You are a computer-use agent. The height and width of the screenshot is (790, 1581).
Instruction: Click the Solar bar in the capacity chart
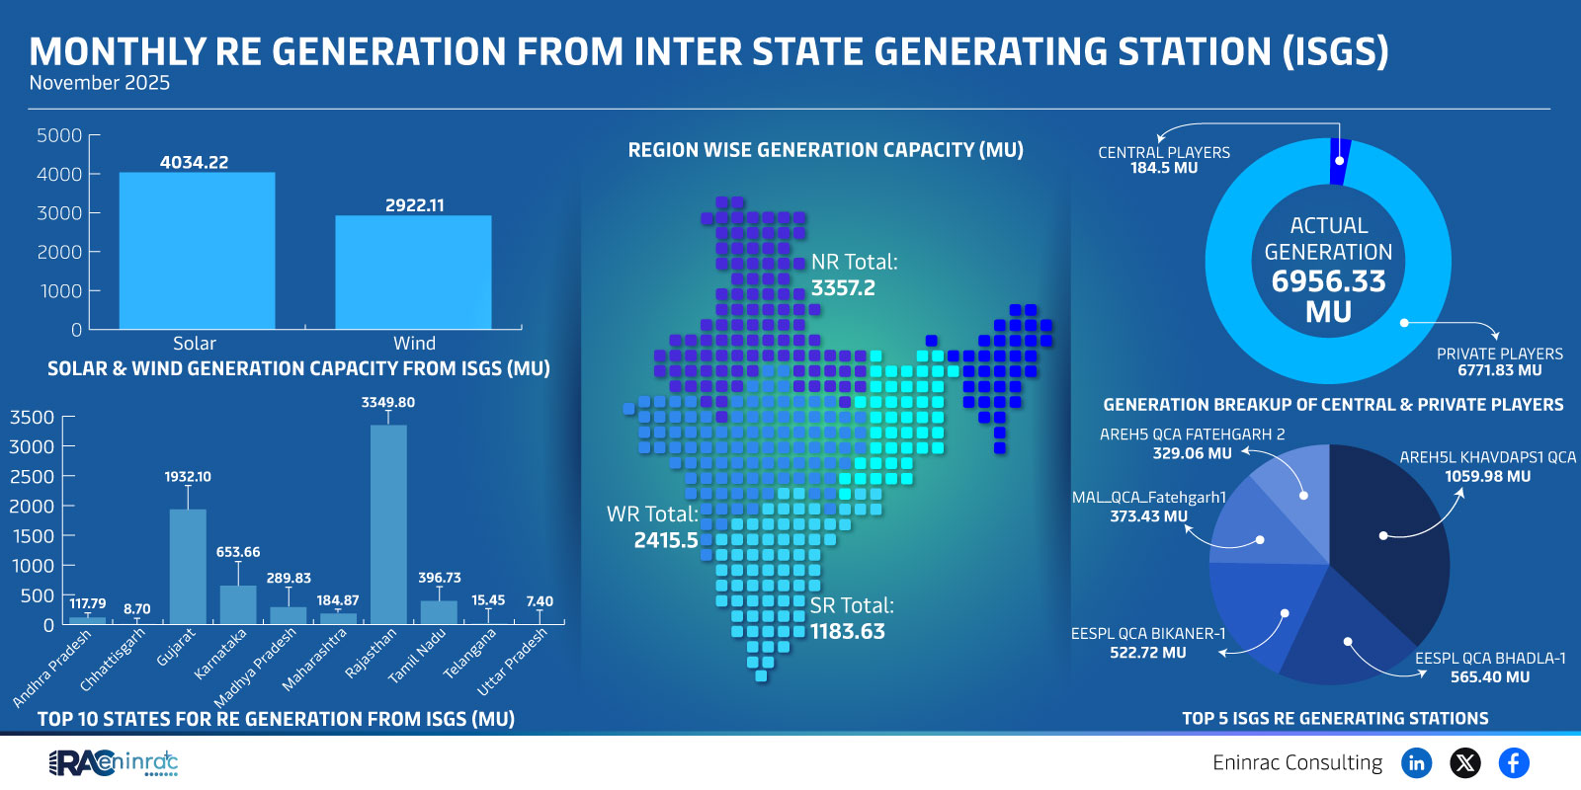pos(197,251)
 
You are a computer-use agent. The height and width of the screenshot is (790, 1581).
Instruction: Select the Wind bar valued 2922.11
pos(413,273)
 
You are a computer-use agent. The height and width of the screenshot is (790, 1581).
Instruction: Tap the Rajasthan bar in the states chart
pos(388,523)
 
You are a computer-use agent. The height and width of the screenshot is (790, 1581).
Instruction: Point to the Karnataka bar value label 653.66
pos(238,552)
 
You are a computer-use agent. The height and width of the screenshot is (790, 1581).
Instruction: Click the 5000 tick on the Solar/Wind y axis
pos(59,135)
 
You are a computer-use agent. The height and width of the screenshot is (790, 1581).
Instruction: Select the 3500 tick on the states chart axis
pos(33,417)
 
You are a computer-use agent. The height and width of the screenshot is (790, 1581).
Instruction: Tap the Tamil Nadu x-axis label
pos(418,656)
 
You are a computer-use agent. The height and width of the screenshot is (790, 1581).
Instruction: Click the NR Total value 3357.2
pos(843,288)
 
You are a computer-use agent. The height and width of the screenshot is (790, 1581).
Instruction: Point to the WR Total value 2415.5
pos(666,540)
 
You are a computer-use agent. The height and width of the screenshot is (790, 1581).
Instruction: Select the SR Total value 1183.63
pos(848,631)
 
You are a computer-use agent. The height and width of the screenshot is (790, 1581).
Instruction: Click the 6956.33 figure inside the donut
pos(1328,281)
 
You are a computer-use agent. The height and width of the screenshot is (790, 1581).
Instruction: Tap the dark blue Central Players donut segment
pos(1340,162)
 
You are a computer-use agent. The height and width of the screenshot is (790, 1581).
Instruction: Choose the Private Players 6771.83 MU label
pos(1499,370)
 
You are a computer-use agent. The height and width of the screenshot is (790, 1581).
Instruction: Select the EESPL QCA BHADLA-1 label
pos(1490,658)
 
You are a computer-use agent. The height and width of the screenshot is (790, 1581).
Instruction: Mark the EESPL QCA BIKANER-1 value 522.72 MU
pos(1147,653)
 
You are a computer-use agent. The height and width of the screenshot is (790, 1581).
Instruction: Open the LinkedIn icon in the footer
pos(1416,762)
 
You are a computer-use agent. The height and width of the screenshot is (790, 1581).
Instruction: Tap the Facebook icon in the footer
pos(1513,762)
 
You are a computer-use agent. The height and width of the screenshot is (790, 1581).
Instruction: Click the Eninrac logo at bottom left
pos(114,762)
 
